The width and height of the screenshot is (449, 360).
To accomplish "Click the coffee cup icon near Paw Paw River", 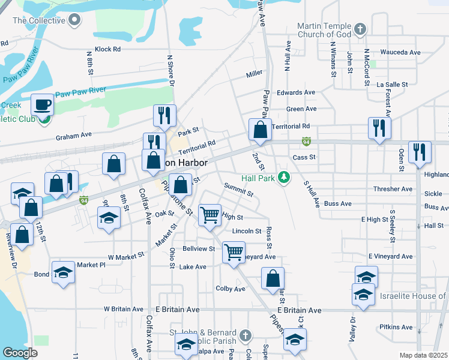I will click(42, 104).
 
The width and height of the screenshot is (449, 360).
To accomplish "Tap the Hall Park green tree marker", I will click(288, 178).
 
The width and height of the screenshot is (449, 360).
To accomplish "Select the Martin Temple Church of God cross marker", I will click(360, 29).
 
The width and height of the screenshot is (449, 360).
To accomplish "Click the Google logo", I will click(20, 353).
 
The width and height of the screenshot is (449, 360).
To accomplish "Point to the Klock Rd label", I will click(107, 49).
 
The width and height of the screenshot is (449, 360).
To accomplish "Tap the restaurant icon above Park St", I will click(164, 115).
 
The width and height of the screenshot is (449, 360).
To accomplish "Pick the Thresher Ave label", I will click(393, 189).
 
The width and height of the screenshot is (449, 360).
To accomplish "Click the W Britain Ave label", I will click(125, 309).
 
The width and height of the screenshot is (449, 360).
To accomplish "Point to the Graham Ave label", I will click(73, 136).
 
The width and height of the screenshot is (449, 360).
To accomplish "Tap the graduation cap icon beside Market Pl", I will click(63, 273).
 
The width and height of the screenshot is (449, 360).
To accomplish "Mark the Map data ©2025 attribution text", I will click(423, 355).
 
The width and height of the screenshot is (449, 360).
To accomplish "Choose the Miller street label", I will click(254, 74).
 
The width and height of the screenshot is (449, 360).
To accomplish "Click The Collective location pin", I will click(74, 20).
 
